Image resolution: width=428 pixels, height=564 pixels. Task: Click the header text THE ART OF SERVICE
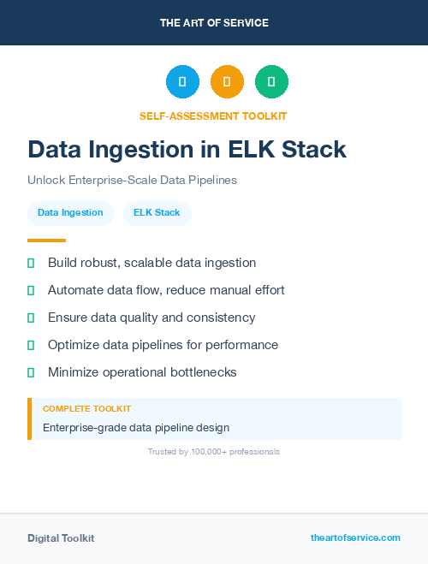click(214, 22)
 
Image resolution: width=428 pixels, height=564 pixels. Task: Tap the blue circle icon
click(182, 81)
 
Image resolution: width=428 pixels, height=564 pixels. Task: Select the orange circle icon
click(227, 81)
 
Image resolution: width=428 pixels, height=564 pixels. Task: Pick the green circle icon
click(271, 81)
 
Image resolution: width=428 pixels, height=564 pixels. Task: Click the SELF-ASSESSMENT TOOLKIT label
click(213, 116)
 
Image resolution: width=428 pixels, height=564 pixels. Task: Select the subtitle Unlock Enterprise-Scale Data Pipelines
click(132, 181)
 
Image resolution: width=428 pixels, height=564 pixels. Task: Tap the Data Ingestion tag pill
click(70, 212)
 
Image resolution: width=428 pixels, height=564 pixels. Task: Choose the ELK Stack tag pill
click(157, 212)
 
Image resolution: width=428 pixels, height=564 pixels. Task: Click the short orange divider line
click(46, 240)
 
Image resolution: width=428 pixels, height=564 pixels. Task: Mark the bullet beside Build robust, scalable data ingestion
click(31, 263)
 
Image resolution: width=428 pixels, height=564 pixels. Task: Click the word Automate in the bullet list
click(75, 290)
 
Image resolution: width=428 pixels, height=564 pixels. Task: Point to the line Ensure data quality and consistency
click(152, 318)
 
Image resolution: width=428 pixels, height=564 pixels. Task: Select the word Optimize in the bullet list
click(74, 345)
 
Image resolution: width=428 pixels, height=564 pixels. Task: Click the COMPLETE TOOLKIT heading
click(86, 409)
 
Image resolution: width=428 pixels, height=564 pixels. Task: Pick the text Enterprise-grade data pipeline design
click(136, 427)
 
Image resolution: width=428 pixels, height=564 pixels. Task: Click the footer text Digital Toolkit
click(61, 537)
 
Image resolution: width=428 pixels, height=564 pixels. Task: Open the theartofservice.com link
click(355, 537)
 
